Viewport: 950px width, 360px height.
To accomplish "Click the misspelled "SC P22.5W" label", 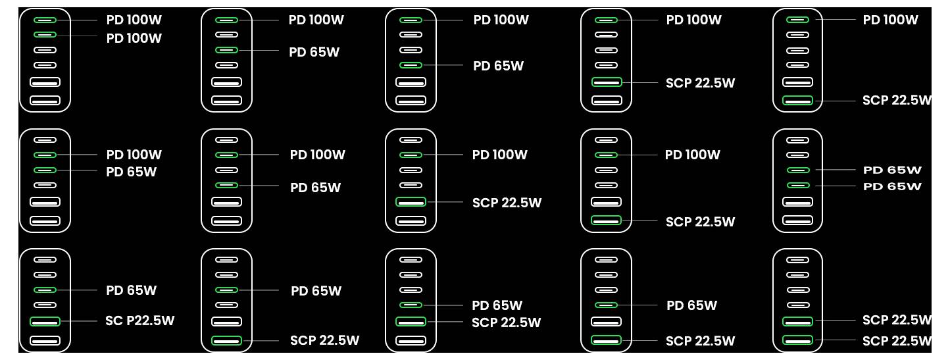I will pos(139,321).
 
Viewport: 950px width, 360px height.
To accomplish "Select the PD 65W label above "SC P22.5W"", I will pos(132,290).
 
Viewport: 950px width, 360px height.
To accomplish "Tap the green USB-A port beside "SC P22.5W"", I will pos(45,321).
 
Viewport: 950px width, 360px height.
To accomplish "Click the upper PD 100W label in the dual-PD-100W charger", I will pos(134,20).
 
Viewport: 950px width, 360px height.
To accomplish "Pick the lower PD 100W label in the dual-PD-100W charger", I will pos(134,38).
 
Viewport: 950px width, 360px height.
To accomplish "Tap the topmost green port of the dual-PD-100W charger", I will pos(45,20).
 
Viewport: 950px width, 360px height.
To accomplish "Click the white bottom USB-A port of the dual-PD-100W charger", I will pos(45,101).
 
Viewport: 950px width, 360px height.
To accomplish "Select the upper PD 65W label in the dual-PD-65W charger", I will pos(892,170).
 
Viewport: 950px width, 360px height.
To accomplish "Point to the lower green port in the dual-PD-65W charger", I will pos(798,186).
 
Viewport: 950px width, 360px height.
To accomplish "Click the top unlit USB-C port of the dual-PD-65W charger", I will pos(798,140).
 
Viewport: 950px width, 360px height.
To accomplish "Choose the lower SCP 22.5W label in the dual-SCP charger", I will pos(897,341).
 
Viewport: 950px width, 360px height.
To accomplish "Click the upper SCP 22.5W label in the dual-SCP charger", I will pos(897,320).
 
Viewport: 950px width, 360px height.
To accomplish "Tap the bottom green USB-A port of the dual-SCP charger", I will pos(798,341).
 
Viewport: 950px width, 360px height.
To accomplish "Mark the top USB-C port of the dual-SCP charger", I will pos(798,259).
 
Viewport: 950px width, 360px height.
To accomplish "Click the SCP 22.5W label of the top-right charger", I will pos(897,100).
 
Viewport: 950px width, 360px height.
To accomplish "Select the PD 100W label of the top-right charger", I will pos(890,20).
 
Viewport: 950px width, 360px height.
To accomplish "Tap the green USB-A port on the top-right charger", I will pos(798,101).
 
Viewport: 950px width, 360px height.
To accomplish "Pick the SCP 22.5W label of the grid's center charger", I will pos(507,203).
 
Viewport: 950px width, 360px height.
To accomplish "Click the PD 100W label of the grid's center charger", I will pos(499,155).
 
